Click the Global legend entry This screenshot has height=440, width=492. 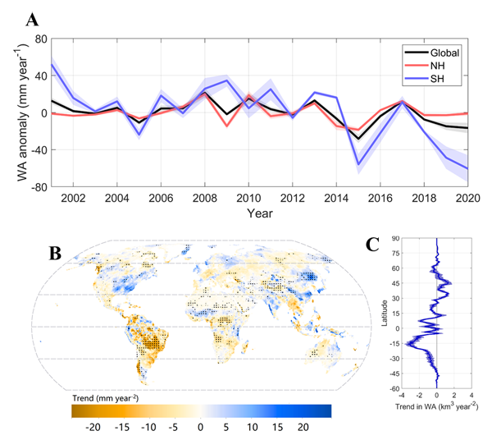(442, 52)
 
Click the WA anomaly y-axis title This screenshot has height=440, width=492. (16, 112)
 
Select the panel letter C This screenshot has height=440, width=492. (372, 244)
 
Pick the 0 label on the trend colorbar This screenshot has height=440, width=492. (200, 429)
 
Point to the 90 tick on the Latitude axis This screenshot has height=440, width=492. (395, 239)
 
